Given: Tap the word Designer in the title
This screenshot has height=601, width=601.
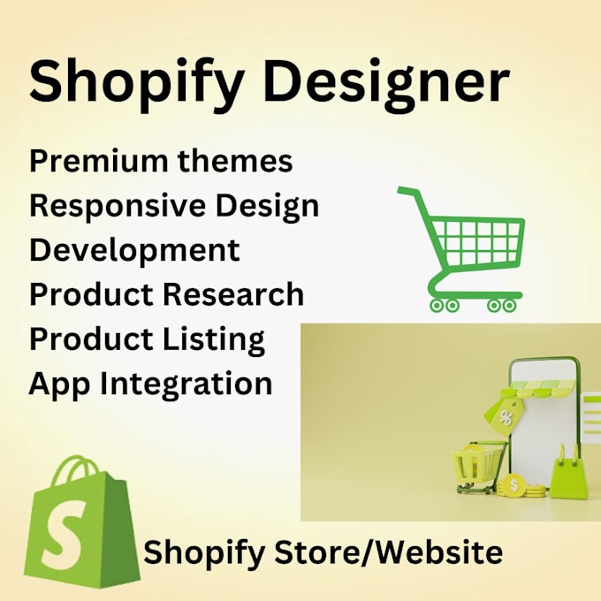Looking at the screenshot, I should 389,82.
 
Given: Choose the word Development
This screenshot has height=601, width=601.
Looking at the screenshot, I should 134,250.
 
